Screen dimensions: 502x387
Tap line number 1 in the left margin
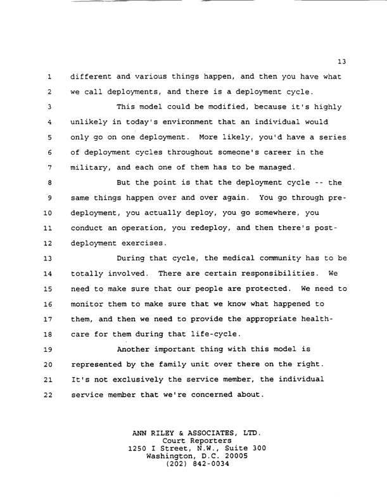coord(48,77)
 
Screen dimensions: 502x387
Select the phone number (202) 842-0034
coord(196,465)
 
